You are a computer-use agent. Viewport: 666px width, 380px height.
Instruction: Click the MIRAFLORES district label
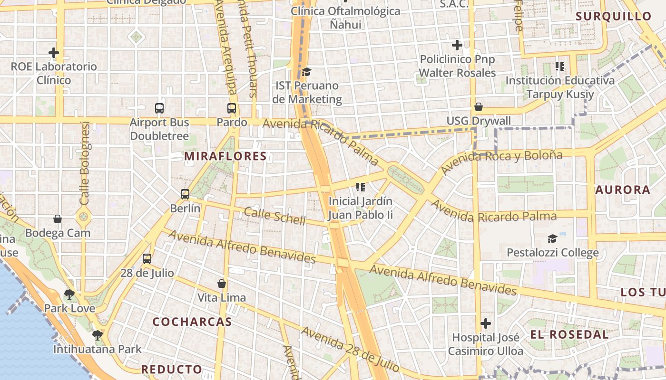225,156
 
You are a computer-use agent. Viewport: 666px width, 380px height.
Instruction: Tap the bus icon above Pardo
232,108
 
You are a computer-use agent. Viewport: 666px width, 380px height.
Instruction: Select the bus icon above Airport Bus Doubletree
159,108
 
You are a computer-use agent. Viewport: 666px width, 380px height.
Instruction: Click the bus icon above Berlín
185,194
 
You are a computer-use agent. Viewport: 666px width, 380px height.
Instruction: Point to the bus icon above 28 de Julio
147,259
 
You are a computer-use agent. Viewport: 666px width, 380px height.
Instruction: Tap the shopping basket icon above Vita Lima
222,284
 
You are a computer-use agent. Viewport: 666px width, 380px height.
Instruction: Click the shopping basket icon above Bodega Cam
58,219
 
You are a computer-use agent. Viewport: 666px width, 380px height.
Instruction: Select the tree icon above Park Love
69,294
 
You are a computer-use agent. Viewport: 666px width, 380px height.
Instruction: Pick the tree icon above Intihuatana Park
98,335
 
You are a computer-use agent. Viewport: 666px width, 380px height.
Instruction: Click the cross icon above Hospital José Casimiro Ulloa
486,323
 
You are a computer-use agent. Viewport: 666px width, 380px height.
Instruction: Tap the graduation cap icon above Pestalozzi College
552,238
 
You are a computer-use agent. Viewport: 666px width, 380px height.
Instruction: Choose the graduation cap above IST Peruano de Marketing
307,72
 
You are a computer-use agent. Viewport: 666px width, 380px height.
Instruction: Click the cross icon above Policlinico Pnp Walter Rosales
457,45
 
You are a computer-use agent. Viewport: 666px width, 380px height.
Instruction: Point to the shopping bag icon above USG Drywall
479,107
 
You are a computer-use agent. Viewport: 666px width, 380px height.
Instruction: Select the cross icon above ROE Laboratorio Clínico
54,52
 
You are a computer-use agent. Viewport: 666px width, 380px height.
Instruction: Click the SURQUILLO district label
614,16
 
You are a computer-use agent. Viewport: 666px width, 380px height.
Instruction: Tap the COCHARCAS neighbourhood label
192,322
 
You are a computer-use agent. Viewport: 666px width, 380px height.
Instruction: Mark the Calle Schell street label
274,216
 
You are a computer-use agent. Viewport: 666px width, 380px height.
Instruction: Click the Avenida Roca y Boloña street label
501,161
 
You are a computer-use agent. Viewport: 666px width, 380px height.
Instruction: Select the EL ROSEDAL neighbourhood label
569,334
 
